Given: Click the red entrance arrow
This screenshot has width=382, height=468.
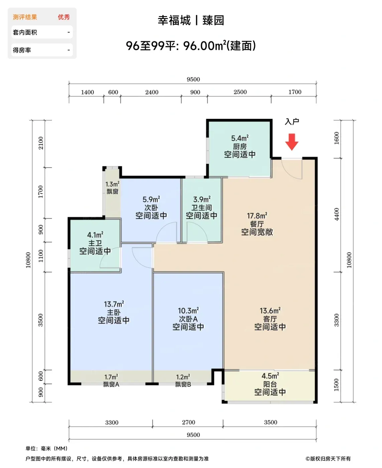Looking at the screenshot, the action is click(x=291, y=142).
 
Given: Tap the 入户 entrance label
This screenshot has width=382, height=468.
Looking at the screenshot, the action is click(x=292, y=122).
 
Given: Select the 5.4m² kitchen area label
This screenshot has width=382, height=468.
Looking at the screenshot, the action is click(x=240, y=138).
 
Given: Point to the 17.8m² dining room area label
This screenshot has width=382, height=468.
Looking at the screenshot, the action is click(x=257, y=216).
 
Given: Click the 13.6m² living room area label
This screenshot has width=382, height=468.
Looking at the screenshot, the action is click(x=270, y=311).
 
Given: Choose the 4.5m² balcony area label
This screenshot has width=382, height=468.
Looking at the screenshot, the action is click(x=270, y=376).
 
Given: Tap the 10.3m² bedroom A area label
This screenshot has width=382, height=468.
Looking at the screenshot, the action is click(x=188, y=311).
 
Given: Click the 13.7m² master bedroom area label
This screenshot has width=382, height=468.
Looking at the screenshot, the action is click(x=114, y=304).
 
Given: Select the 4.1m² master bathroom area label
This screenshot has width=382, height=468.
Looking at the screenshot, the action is click(x=95, y=235).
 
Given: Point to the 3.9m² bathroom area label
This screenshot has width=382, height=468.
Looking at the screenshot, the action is click(x=202, y=199).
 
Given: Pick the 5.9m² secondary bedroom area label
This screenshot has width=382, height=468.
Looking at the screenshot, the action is click(x=151, y=199).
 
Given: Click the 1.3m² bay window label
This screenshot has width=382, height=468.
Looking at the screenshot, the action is click(x=112, y=184).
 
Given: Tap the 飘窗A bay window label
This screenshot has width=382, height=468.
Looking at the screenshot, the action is click(x=111, y=384).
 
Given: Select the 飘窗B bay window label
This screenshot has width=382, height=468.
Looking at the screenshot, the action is click(x=183, y=384).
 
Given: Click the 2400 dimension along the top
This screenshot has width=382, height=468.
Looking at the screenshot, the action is click(x=152, y=92).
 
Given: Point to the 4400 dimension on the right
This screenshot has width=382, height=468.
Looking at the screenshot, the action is click(x=337, y=214).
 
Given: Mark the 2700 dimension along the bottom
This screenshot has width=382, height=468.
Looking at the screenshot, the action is click(x=188, y=422).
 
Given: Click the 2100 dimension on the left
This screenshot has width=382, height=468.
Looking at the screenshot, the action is click(x=40, y=143).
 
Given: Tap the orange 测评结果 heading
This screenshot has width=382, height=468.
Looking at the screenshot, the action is click(x=25, y=17).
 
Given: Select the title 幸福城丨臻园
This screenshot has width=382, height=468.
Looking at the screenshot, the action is click(x=191, y=20).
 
